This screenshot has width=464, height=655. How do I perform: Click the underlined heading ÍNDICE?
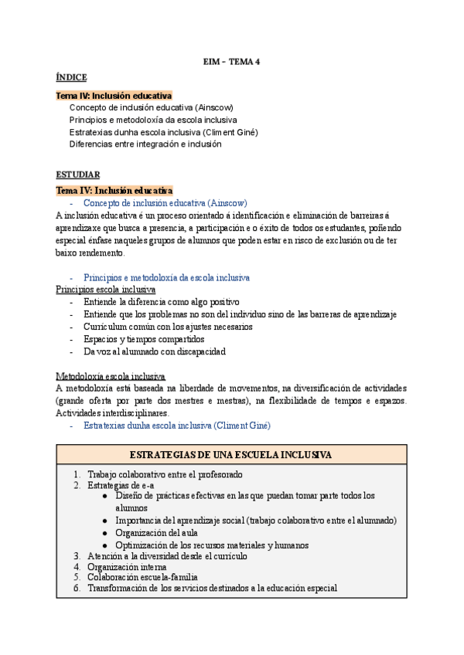point(71,77)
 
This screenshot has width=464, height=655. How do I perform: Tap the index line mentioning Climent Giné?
point(163,132)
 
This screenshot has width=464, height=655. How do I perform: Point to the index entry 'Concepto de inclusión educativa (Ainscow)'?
point(151,107)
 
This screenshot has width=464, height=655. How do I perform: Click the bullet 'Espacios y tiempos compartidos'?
point(144,339)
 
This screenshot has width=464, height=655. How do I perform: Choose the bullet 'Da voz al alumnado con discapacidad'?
point(155,351)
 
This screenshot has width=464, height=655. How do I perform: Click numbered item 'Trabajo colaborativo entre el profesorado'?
point(176,474)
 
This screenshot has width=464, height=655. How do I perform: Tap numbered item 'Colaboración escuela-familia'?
point(142,577)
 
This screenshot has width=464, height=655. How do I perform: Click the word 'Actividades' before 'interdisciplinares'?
point(81,413)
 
